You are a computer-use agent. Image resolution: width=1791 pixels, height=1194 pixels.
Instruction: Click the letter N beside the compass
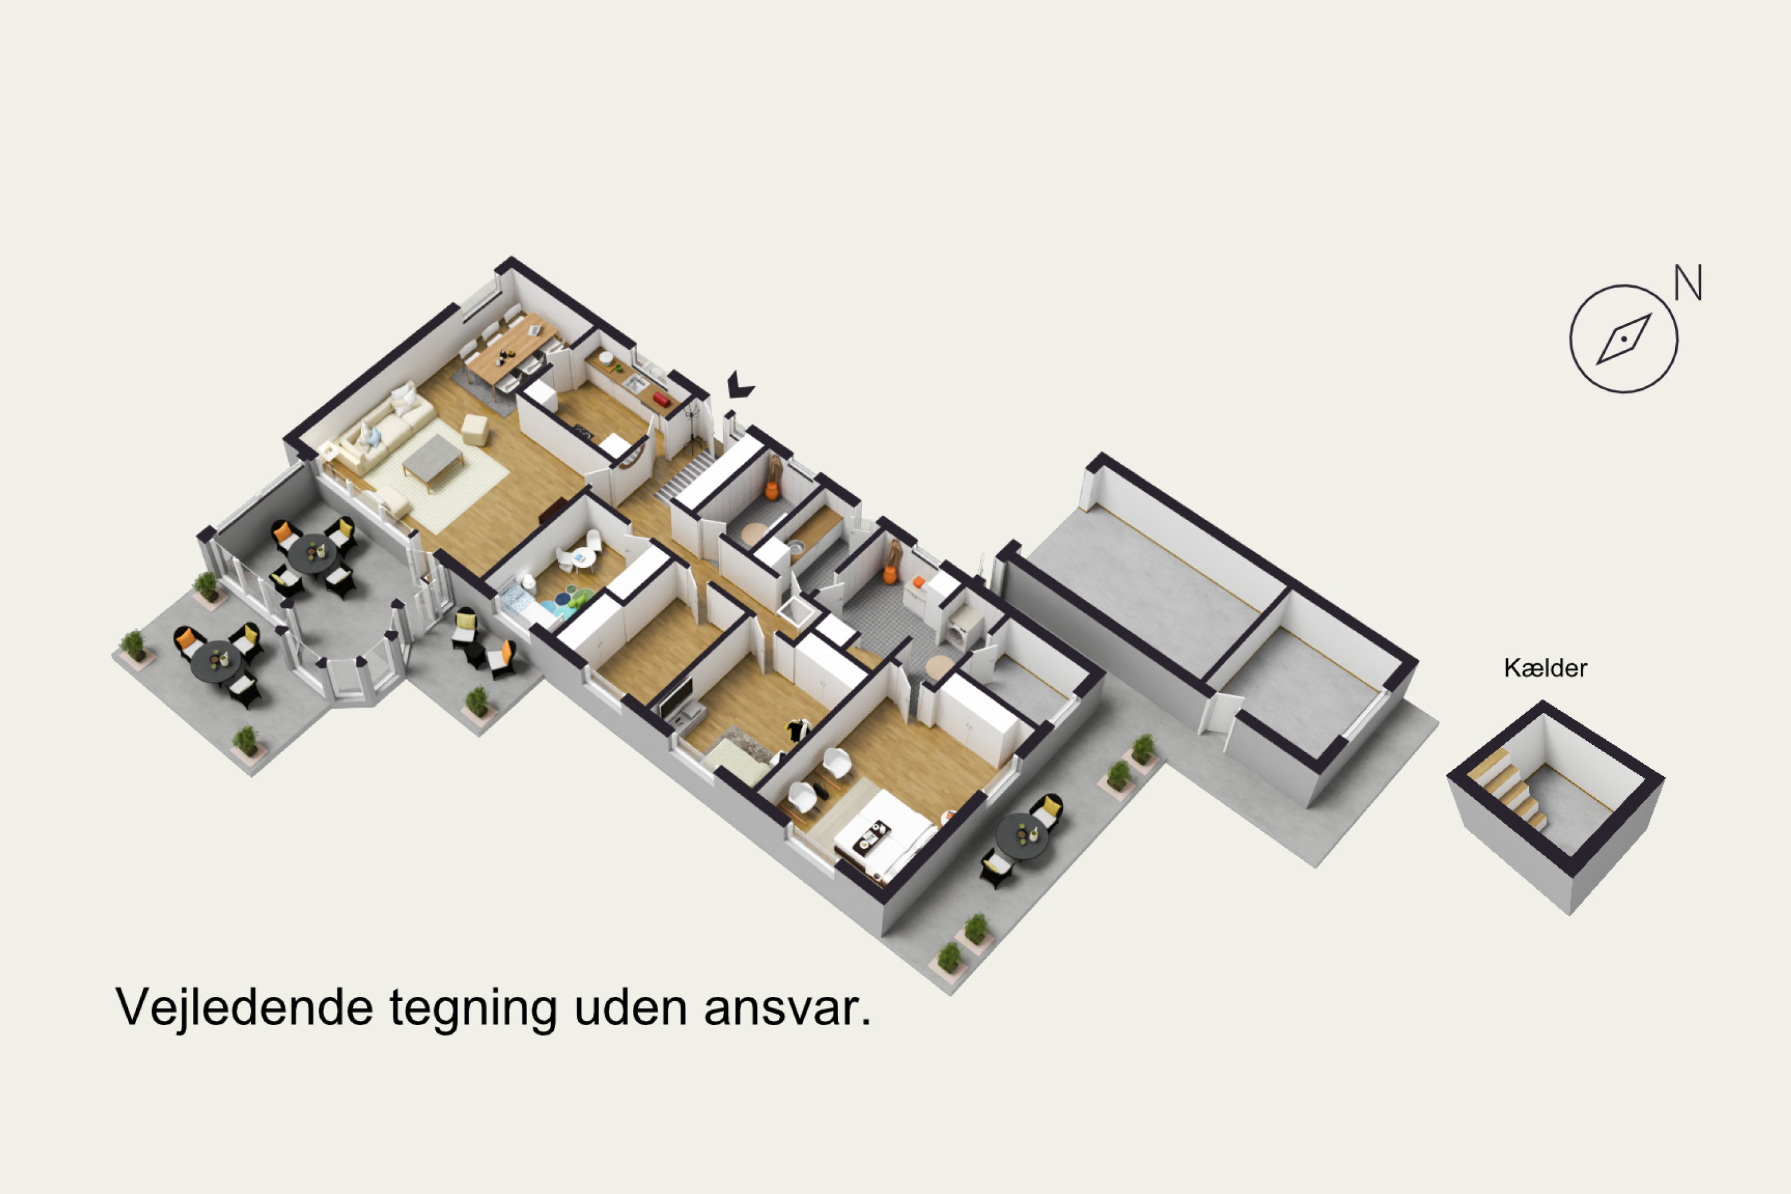point(1688,282)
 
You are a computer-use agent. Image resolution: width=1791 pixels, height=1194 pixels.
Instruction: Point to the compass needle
point(1624,339)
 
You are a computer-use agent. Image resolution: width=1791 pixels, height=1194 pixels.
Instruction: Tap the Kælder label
point(1546,669)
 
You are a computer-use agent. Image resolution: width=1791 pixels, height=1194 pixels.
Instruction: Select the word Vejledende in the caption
point(244,1008)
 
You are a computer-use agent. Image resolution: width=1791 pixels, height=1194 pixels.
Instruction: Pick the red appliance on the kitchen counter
point(660,399)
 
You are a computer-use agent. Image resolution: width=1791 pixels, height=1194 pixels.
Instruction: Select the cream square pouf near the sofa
point(475,430)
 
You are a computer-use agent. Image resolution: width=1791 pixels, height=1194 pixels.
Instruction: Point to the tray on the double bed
point(872,837)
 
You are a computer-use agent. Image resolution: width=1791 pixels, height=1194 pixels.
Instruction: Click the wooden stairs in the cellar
point(1510,790)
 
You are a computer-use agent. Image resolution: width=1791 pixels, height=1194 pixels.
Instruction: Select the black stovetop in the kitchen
point(583,432)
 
